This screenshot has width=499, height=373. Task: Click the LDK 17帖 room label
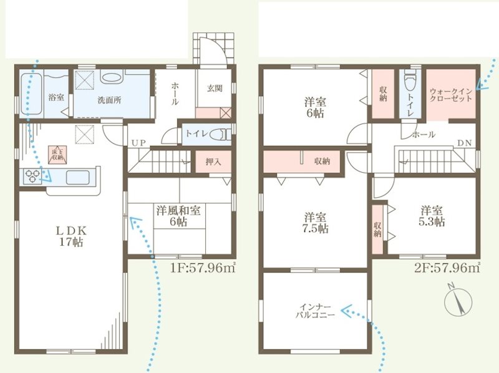tap(71, 236)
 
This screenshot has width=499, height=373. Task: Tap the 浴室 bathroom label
tap(56, 97)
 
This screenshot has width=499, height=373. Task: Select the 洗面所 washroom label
tap(109, 100)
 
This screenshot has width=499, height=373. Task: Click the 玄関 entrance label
tap(215, 89)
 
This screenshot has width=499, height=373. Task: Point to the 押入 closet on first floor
tap(213, 162)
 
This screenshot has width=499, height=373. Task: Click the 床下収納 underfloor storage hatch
tap(57, 155)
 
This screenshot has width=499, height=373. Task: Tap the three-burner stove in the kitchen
tap(32, 177)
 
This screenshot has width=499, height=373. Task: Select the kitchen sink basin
tap(77, 177)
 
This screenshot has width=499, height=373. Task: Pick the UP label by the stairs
tap(138, 143)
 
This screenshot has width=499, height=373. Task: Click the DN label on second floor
tap(465, 143)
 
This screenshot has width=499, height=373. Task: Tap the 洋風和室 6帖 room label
tap(178, 216)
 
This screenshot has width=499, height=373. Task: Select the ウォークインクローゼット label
tap(451, 95)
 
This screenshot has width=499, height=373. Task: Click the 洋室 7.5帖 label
tap(316, 223)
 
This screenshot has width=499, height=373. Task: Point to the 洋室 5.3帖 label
tap(432, 216)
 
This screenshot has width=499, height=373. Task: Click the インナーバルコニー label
tap(315, 311)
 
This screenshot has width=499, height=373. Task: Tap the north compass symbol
tap(458, 301)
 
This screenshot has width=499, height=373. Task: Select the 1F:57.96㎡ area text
tap(203, 268)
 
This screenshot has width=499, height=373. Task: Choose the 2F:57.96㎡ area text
tap(447, 268)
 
